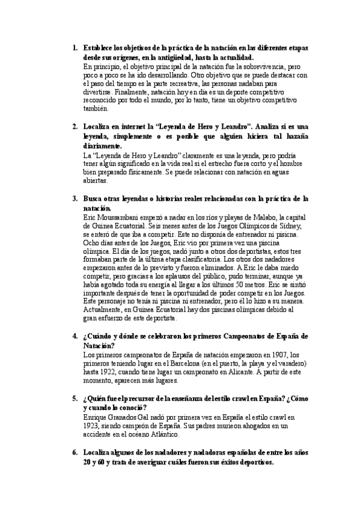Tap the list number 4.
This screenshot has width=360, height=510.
point(74,335)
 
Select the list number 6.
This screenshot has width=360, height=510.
point(74,453)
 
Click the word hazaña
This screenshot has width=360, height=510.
point(294,137)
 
